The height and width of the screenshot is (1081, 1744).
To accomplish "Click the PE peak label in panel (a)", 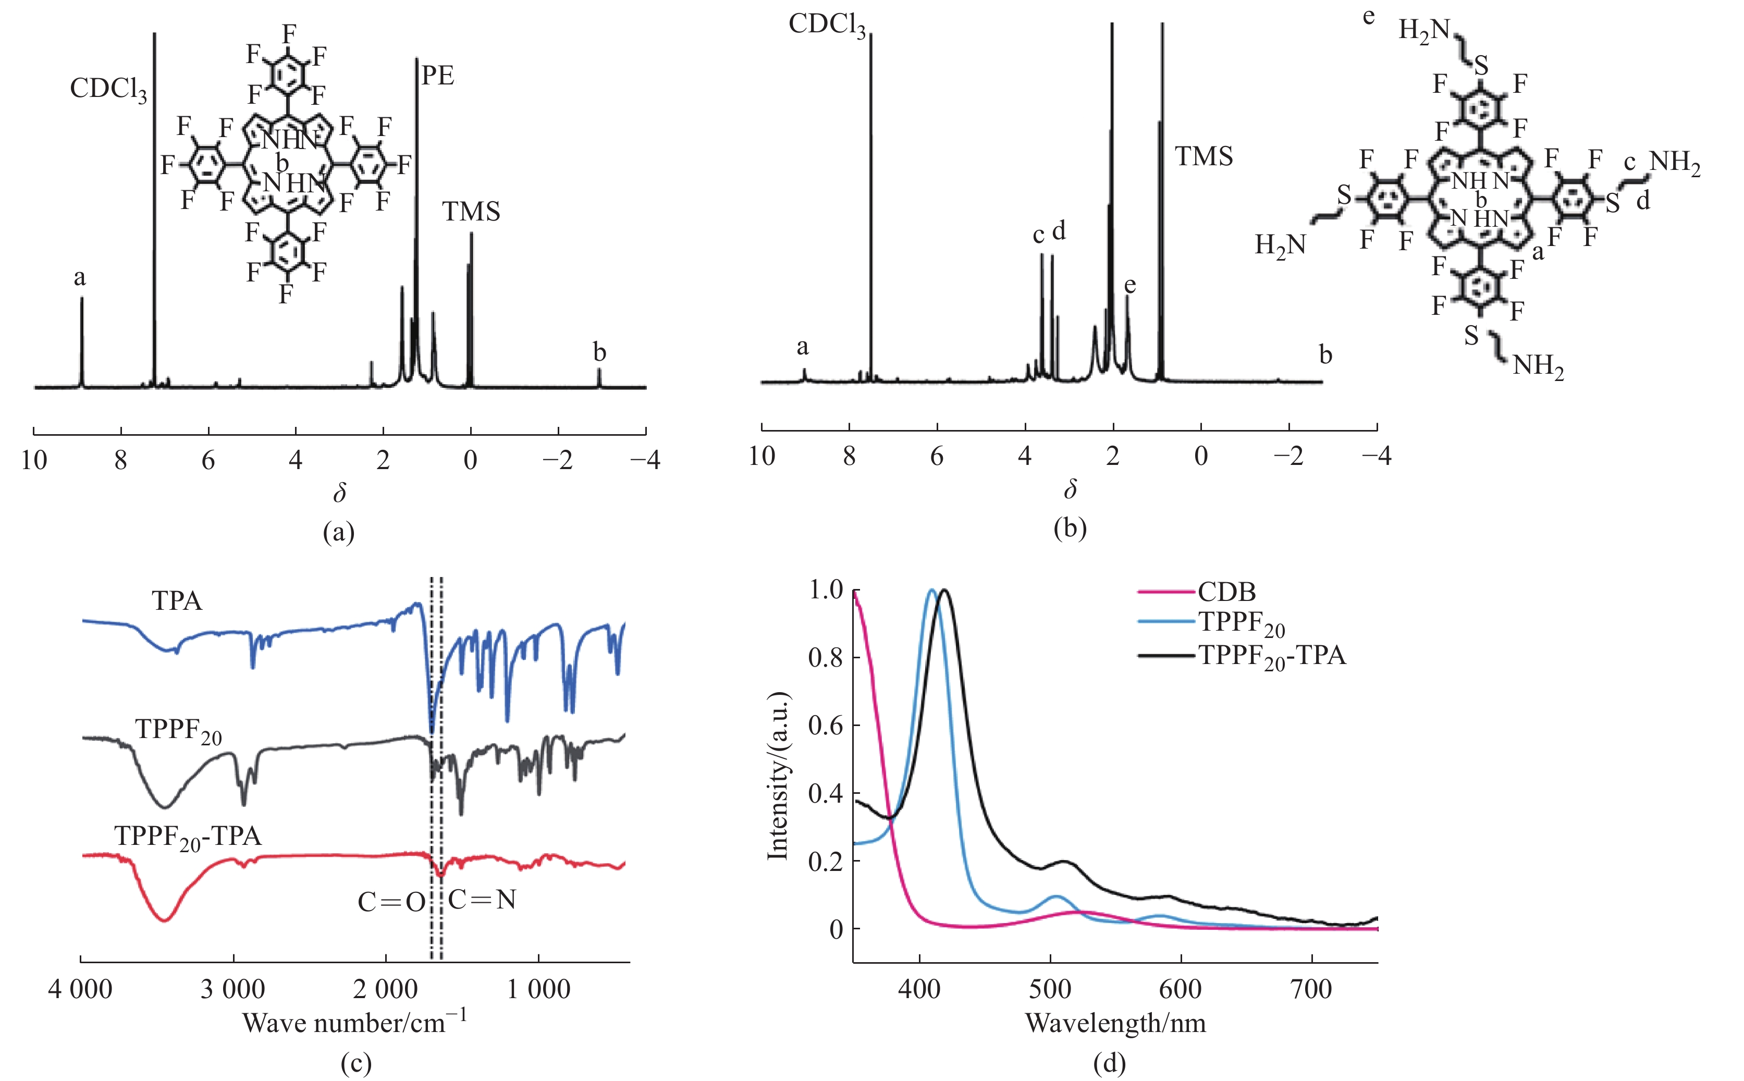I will pyautogui.click(x=437, y=76).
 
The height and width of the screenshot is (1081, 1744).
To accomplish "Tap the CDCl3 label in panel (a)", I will pyautogui.click(x=108, y=89).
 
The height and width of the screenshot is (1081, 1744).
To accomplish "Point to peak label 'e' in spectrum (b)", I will pyautogui.click(x=1129, y=285).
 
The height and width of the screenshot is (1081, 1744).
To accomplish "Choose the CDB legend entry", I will pyautogui.click(x=1226, y=592).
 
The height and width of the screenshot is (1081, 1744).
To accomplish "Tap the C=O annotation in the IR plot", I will pyautogui.click(x=391, y=902).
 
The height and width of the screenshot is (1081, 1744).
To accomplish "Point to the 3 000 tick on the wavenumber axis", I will pyautogui.click(x=233, y=989).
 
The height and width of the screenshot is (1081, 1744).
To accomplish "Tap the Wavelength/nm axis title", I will pyautogui.click(x=1115, y=1023).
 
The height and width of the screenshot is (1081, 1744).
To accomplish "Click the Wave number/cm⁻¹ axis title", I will pyautogui.click(x=354, y=1023).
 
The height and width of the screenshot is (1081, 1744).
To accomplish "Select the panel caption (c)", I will pyautogui.click(x=356, y=1063).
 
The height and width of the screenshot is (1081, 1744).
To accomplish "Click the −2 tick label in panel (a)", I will pyautogui.click(x=558, y=460).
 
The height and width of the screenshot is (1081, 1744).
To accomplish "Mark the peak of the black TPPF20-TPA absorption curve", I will pyautogui.click(x=945, y=591).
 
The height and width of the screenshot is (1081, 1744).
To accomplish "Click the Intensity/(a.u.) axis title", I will pyautogui.click(x=778, y=776).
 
